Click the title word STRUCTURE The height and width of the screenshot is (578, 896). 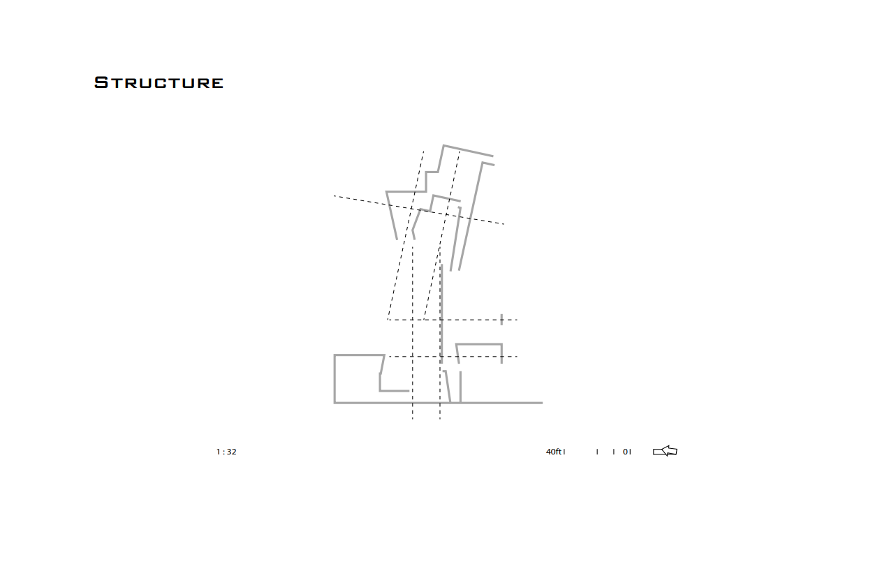pos(159,82)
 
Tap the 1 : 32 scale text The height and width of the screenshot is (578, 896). pos(226,452)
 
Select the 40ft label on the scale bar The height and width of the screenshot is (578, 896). pos(554,452)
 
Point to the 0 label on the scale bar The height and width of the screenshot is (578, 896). pos(626,452)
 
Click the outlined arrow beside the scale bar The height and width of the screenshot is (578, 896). pos(665,451)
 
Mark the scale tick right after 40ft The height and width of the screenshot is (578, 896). pos(564,452)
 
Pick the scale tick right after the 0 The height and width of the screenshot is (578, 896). pos(631,452)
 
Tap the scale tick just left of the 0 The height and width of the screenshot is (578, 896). pos(614,452)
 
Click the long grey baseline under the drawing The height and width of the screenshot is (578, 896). pos(489,403)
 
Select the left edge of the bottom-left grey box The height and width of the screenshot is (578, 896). pos(335,379)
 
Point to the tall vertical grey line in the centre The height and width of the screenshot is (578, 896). pos(441,314)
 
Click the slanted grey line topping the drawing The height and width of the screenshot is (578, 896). pos(468,151)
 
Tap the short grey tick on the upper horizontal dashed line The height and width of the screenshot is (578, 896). pos(501,320)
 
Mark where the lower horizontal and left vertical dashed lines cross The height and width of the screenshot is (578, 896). pos(413,357)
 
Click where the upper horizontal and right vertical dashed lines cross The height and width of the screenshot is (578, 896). pos(440,320)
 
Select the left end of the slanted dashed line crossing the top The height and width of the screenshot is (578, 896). pos(335,195)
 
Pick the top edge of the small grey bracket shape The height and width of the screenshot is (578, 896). pos(479,344)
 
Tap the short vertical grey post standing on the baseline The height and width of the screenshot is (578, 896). pos(460,387)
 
